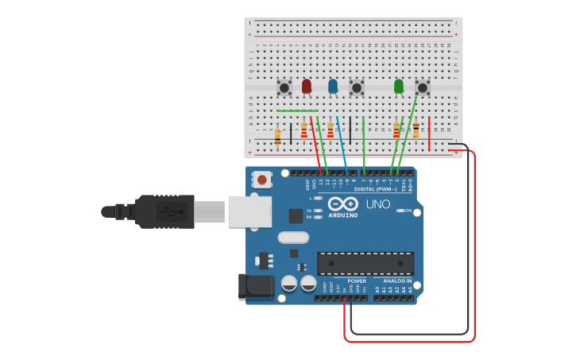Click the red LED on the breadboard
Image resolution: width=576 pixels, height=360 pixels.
pos(307,86)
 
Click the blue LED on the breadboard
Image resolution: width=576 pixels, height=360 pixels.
pos(333,86)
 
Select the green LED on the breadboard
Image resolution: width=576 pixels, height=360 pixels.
pos(399,86)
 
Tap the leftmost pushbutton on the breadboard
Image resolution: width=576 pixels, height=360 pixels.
pos(284,87)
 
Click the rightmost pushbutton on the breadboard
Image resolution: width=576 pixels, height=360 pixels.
pos(423,87)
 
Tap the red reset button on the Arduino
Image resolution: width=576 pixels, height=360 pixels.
pos(262,180)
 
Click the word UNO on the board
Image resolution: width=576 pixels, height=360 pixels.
pos(378,204)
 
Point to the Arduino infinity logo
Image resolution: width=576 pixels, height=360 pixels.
pos(342,203)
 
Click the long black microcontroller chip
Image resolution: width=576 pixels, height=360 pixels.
pos(365,263)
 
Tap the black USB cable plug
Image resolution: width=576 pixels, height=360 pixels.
pos(164,211)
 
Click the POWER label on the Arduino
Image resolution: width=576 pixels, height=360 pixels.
pos(357,281)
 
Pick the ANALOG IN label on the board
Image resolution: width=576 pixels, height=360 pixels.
pos(397,281)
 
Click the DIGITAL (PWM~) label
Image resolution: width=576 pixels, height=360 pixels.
pos(375,189)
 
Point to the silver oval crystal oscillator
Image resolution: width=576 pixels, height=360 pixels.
pos(292,237)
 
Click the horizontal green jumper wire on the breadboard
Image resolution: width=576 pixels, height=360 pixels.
pos(297,110)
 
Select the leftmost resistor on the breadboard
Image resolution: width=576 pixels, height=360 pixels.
pos(277,137)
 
